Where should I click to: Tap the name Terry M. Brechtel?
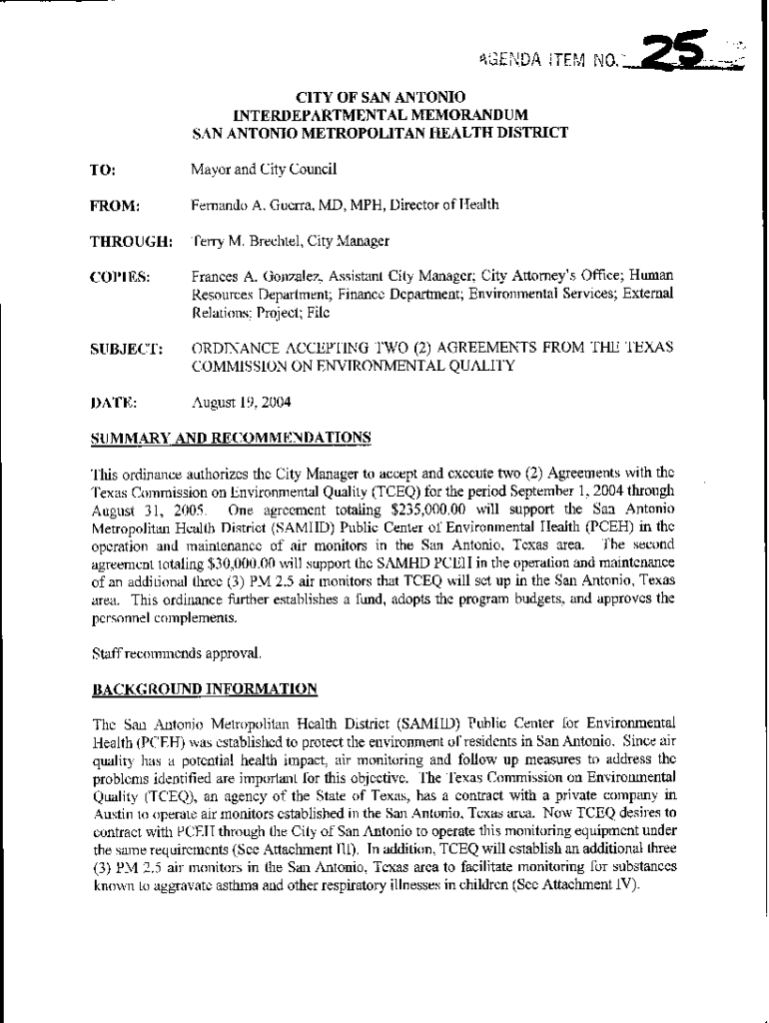(x=246, y=242)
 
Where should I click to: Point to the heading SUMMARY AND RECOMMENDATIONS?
(x=231, y=438)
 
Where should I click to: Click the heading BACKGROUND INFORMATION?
(x=205, y=689)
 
